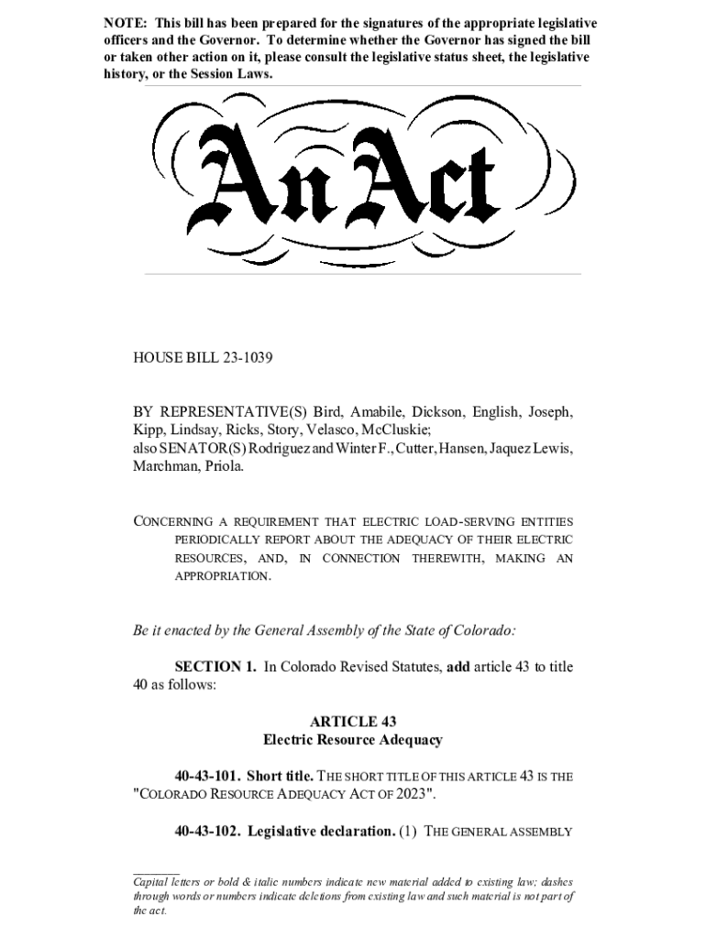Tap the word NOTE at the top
[x=123, y=22]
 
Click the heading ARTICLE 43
[x=353, y=721]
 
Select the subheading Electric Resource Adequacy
[x=353, y=739]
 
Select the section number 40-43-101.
[x=207, y=776]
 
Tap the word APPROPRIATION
[x=223, y=576]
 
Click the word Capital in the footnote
[x=153, y=881]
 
